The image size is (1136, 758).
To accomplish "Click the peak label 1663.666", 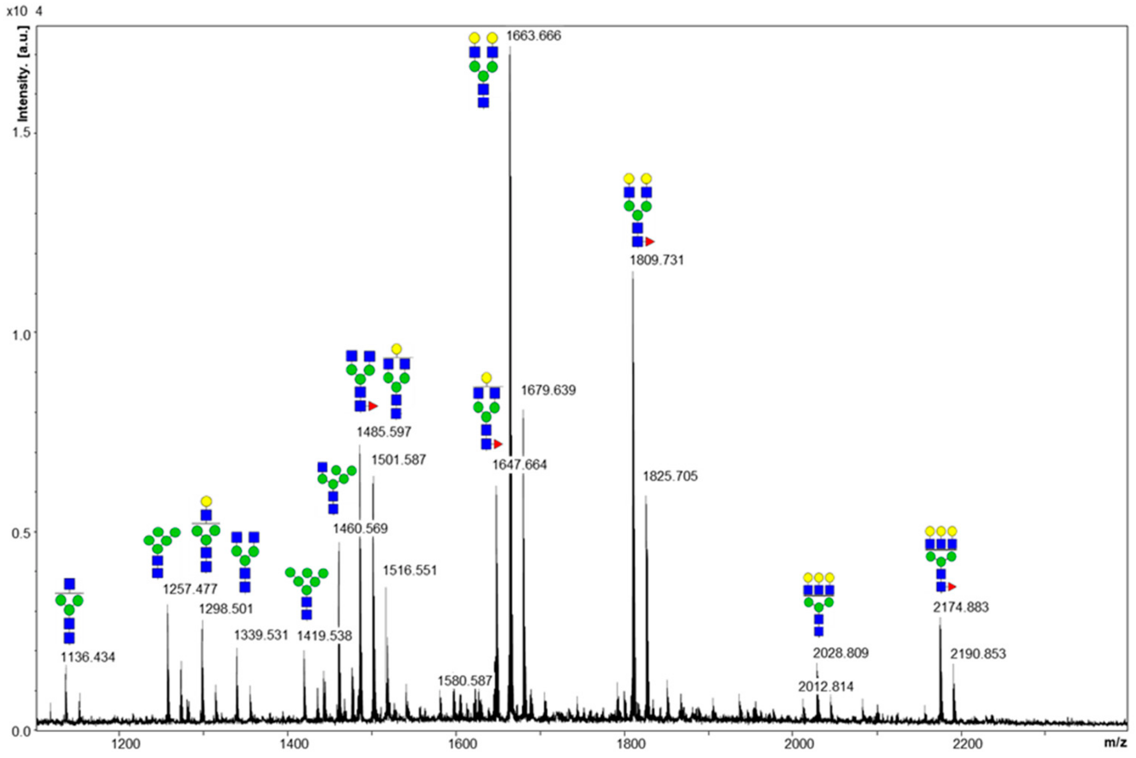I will click(x=534, y=36).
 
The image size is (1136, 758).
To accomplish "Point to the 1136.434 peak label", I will click(x=87, y=657).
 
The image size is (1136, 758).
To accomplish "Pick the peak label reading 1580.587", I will click(x=464, y=681).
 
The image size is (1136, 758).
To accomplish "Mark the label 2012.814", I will click(x=825, y=686).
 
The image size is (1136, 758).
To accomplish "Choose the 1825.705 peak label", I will click(x=670, y=477).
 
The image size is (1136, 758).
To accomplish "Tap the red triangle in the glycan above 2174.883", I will click(x=952, y=587).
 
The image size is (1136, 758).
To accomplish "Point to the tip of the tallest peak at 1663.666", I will click(x=510, y=47).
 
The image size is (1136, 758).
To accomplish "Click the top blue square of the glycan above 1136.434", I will click(x=70, y=584).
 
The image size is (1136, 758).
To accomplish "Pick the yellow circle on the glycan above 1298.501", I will click(x=206, y=501).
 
